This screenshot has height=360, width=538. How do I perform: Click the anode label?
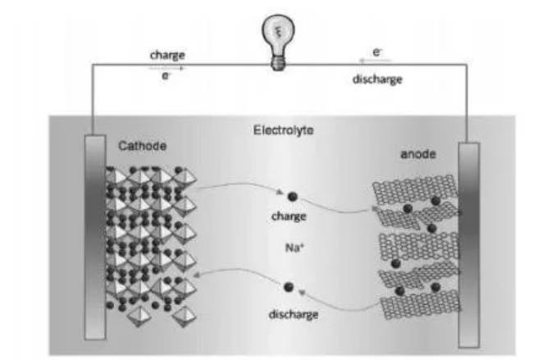coord(418,153)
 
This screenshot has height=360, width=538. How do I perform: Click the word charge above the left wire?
coord(166,55)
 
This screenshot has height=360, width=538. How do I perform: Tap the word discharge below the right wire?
coord(379,80)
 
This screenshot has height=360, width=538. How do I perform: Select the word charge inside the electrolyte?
coord(288,217)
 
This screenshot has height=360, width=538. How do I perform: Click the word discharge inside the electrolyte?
coord(293,314)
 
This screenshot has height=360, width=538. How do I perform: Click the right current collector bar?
coord(468,246)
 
